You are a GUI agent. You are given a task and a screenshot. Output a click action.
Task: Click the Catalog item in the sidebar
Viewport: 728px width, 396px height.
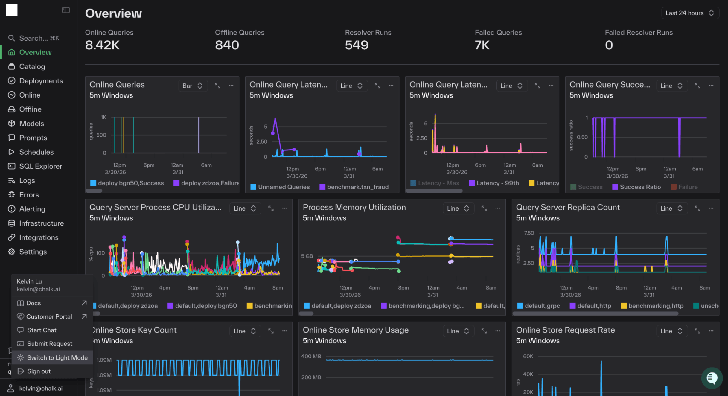tap(32, 66)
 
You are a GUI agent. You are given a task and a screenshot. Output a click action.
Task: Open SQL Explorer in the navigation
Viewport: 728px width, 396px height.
tap(40, 166)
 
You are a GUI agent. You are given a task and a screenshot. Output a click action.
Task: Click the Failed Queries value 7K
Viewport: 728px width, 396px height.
tap(482, 45)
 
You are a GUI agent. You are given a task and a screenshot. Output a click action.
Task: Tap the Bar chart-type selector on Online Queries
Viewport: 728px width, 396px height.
tap(193, 86)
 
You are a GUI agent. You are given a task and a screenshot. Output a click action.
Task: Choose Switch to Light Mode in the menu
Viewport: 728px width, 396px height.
tap(57, 358)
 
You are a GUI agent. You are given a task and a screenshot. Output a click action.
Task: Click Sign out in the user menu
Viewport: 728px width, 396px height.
tap(39, 371)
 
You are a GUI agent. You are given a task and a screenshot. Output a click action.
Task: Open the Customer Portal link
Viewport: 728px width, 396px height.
tap(49, 316)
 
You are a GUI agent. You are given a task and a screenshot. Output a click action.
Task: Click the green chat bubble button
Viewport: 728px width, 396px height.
tap(712, 378)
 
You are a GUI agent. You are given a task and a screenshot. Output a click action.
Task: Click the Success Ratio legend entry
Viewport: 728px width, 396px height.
tap(640, 187)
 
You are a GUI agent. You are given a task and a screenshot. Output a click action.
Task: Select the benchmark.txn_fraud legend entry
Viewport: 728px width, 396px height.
tap(357, 187)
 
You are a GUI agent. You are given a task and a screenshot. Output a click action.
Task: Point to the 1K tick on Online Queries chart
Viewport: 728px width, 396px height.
tap(103, 117)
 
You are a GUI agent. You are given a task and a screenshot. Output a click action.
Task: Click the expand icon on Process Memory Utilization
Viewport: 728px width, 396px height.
tap(484, 208)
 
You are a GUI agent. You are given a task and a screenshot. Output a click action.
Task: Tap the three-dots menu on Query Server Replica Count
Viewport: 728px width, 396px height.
tap(711, 208)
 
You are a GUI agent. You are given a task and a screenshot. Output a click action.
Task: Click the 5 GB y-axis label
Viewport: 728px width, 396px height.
tap(307, 256)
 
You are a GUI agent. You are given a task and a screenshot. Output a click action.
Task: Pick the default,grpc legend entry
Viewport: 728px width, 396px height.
tap(542, 306)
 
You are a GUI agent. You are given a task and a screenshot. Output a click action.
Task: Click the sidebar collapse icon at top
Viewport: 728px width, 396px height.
tap(66, 10)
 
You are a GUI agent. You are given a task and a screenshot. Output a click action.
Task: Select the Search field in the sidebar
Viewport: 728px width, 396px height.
tap(39, 38)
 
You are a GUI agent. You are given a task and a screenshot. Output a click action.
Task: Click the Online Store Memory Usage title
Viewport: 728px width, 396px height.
tap(355, 330)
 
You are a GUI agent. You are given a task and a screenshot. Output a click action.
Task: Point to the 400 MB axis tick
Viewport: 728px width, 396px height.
tap(311, 357)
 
